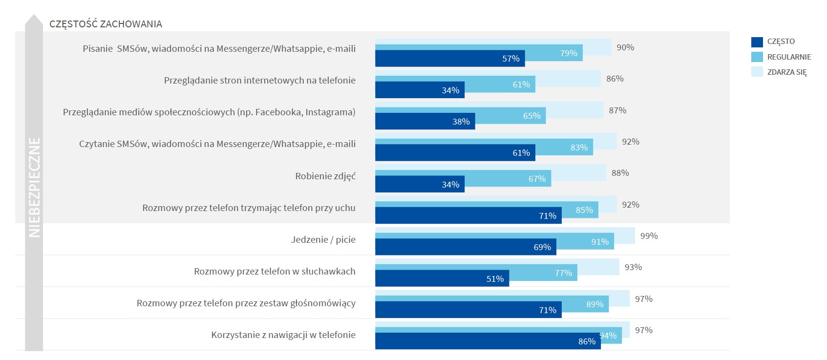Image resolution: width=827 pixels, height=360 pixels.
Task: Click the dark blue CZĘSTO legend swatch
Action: (757, 42)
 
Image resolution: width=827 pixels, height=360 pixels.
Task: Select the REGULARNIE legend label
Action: (789, 57)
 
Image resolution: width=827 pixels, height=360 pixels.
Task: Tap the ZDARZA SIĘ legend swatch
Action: (757, 72)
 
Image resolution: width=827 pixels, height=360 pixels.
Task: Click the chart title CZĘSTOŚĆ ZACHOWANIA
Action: (106, 24)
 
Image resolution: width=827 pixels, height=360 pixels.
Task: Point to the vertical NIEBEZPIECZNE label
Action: (34, 188)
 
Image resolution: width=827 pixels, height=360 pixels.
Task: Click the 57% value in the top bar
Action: (510, 59)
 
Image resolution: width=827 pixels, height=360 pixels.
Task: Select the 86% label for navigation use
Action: (587, 341)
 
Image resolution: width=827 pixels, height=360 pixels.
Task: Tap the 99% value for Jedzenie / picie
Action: (649, 236)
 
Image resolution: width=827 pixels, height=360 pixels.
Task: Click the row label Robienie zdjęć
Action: (325, 176)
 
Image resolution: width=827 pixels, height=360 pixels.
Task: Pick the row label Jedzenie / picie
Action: (323, 239)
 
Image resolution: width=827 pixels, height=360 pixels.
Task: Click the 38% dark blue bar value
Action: (461, 122)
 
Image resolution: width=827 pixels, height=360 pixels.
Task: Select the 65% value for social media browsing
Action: (531, 116)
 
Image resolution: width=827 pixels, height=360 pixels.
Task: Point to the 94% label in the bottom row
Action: (608, 336)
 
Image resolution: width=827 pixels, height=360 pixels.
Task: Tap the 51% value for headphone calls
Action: (495, 279)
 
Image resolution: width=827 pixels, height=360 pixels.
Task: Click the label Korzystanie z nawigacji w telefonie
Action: (283, 335)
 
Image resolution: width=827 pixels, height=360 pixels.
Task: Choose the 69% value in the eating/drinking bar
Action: (542, 247)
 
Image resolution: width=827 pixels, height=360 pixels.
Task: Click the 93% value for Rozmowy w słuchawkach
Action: (633, 267)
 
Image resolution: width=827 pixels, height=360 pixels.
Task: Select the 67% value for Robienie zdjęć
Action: (537, 179)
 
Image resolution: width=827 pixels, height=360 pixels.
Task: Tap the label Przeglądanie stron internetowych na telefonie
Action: (259, 80)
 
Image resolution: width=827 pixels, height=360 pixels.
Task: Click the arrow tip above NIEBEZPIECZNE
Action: (34, 18)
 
